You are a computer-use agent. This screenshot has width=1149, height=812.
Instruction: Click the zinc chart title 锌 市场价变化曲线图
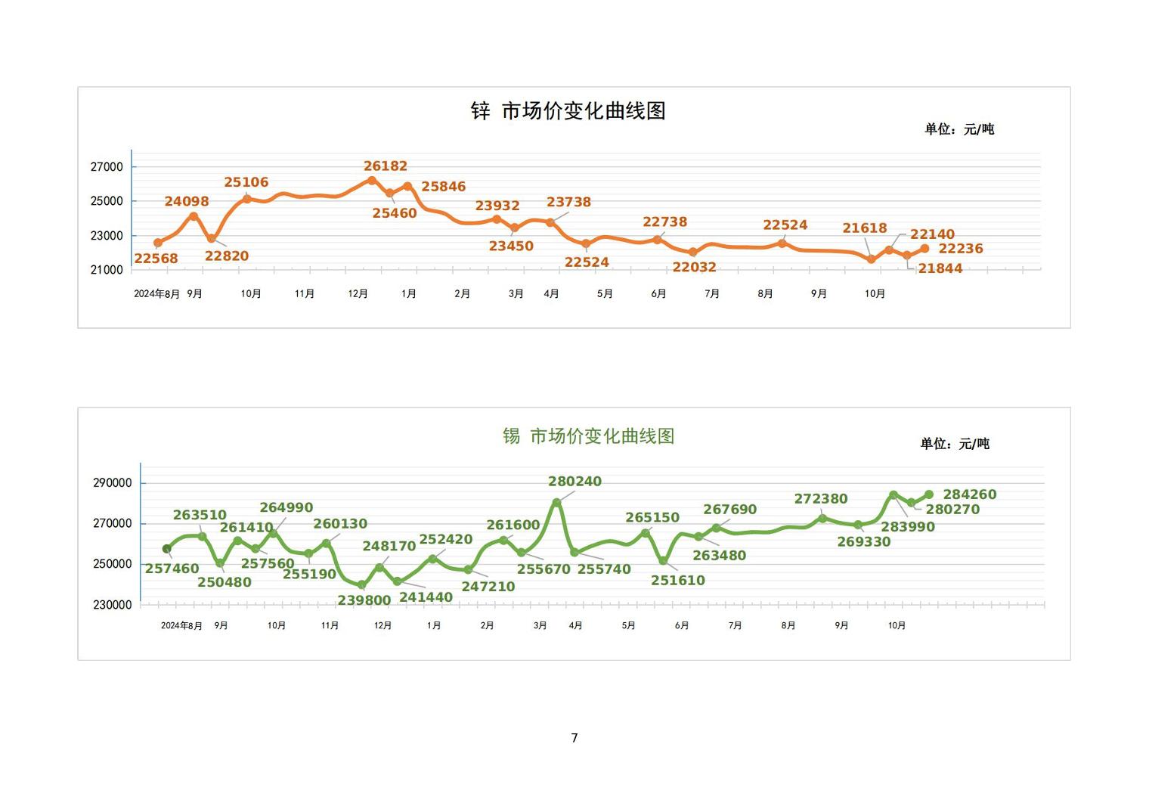(x=568, y=111)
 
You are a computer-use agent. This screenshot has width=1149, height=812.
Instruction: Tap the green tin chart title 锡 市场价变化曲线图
(x=588, y=436)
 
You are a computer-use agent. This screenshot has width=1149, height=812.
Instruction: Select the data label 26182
(x=386, y=166)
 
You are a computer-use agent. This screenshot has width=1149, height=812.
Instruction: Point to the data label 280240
(x=574, y=482)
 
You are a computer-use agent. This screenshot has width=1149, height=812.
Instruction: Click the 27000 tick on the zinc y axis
(x=107, y=167)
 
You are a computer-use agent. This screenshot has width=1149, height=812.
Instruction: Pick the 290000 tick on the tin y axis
(x=112, y=483)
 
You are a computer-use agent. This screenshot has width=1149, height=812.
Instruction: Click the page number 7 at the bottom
(x=574, y=738)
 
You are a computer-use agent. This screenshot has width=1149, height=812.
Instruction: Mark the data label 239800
(x=364, y=600)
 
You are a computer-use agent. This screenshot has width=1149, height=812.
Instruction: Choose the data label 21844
(x=940, y=268)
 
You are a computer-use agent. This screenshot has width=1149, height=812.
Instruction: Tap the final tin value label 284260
(x=970, y=494)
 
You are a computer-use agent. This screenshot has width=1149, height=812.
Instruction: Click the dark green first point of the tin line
(x=167, y=549)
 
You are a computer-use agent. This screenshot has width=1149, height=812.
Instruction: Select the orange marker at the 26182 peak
(x=372, y=181)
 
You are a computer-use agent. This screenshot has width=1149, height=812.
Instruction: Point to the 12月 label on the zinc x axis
(x=358, y=293)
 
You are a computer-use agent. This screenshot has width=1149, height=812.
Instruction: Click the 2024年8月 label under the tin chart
(x=181, y=625)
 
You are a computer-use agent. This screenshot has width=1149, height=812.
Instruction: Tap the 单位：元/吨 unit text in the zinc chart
(x=959, y=129)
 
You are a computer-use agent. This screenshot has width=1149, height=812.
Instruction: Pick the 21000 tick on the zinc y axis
(x=107, y=270)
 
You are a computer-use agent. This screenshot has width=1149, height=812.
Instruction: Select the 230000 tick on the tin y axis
(x=112, y=605)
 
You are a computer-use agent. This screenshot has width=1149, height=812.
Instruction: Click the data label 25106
(x=246, y=182)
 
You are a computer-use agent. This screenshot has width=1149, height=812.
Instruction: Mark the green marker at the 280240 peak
(x=557, y=502)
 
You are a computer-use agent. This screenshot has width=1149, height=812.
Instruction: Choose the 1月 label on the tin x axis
(x=434, y=625)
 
